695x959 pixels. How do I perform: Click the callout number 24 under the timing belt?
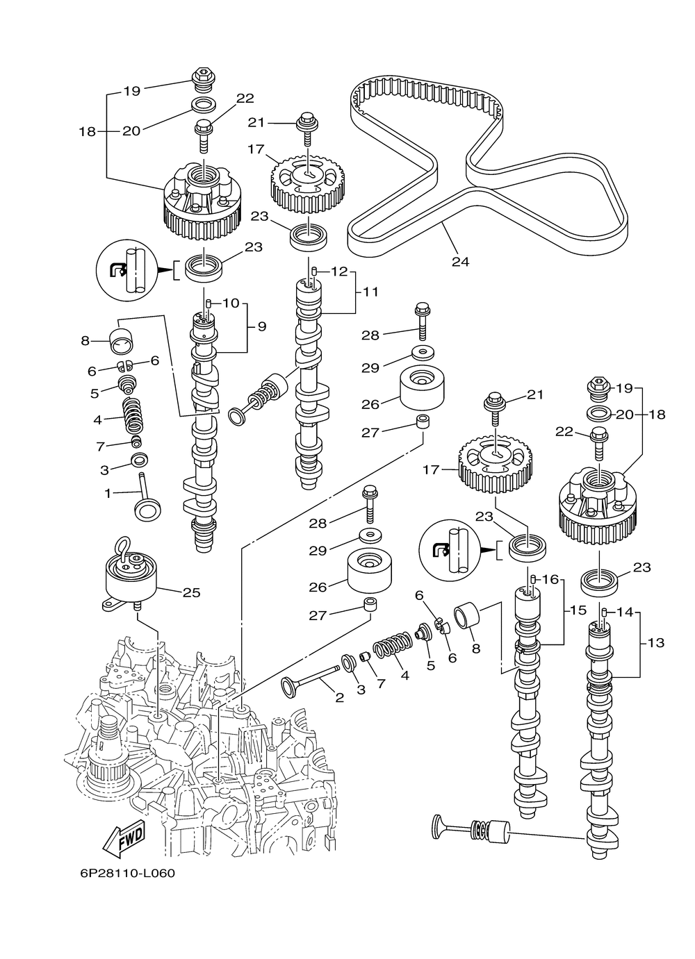[x=461, y=262]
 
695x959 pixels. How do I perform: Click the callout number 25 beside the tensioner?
[x=192, y=593]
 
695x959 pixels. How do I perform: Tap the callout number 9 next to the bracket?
[x=262, y=326]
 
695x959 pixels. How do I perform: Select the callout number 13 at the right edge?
[x=656, y=655]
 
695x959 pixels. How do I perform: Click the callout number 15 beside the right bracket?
[x=578, y=610]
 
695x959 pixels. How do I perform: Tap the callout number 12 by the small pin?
[x=339, y=272]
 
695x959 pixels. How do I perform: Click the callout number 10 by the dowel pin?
[x=231, y=303]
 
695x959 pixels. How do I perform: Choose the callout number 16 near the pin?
[x=551, y=580]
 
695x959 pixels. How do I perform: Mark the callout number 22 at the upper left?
[x=245, y=99]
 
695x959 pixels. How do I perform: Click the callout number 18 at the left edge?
[x=87, y=131]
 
